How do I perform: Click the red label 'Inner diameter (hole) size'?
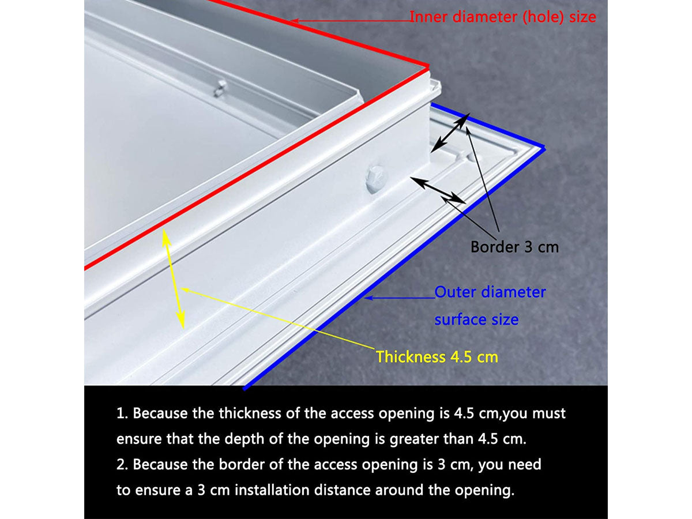[x=502, y=17]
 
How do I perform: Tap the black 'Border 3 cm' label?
[x=514, y=247]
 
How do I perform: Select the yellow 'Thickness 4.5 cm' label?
[x=437, y=357]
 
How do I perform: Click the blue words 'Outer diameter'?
[x=490, y=292]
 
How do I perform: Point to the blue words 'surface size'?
[x=476, y=319]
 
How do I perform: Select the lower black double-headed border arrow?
[x=438, y=190]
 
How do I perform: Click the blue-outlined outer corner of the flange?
[x=544, y=148]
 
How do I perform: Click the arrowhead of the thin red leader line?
[x=294, y=21]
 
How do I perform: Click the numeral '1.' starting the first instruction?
[x=122, y=413]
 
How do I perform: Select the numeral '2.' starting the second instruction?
[x=122, y=464]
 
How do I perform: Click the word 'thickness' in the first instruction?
[x=250, y=413]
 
